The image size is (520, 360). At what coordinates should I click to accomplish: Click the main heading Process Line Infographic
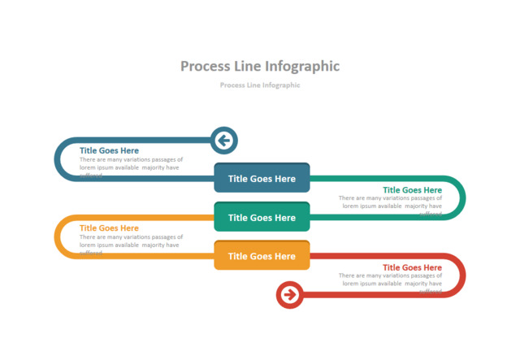coord(259,66)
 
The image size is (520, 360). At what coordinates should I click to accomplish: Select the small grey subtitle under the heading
coord(259,85)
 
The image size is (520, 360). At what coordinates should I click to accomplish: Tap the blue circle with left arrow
coord(223,141)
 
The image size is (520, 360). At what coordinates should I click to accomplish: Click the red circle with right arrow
coord(289,294)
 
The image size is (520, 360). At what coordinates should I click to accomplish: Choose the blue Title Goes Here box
coord(262,179)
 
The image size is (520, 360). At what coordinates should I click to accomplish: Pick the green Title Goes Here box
coord(262,217)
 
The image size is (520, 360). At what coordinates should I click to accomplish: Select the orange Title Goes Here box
coord(262,256)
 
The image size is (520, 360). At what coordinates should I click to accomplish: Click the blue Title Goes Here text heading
coord(109,150)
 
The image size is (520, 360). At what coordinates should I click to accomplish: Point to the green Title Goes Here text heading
coord(412,190)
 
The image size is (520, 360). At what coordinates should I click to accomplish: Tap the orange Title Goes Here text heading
coord(109,228)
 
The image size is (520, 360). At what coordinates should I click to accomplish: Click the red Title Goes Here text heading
coord(412,267)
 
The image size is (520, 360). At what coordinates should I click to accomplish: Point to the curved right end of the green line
coord(463,197)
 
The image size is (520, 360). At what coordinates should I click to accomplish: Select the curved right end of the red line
coord(463,275)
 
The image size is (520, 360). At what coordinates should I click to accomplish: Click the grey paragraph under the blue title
coord(131,163)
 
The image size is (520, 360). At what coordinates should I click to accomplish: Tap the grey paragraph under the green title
coord(391,202)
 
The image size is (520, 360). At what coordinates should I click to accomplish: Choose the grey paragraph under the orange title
coord(131,241)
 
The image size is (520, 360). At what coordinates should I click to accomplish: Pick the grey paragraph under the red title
coord(391,280)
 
